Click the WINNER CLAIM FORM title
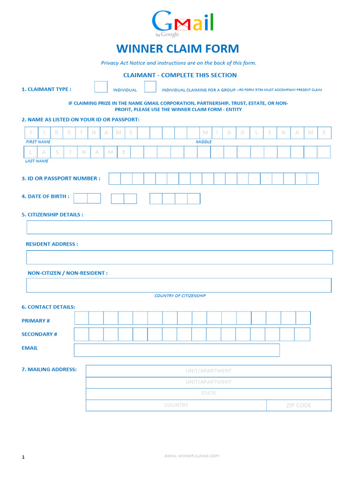pyautogui.click(x=178, y=49)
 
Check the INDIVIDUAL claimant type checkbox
pyautogui.click(x=101, y=87)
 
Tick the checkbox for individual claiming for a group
pyautogui.click(x=150, y=87)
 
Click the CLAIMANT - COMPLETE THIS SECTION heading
pyautogui.click(x=180, y=75)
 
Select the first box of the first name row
pyautogui.click(x=31, y=133)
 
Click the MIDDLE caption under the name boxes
pyautogui.click(x=203, y=142)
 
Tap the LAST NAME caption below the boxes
pyautogui.click(x=37, y=161)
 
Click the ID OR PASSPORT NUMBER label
pyautogui.click(x=60, y=178)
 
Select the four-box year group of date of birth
pyautogui.click(x=175, y=199)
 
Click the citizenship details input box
pyautogui.click(x=179, y=227)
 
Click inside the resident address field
pyautogui.click(x=179, y=257)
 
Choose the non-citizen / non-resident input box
pyautogui.click(x=179, y=285)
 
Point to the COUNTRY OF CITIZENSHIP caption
pyautogui.click(x=180, y=296)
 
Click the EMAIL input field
pyautogui.click(x=177, y=350)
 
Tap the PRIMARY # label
pyautogui.click(x=36, y=321)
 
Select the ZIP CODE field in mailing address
pyautogui.click(x=299, y=405)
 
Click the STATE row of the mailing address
pyautogui.click(x=208, y=393)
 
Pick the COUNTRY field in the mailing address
pyautogui.click(x=176, y=405)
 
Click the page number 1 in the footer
pyautogui.click(x=23, y=457)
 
